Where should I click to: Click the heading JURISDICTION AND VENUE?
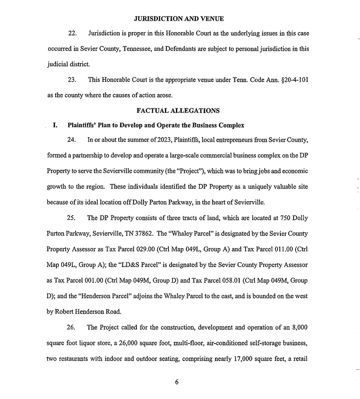(178, 19)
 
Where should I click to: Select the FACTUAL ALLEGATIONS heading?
(178, 110)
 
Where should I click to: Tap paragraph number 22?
(72, 34)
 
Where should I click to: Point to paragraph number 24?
(72, 140)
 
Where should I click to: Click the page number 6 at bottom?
(177, 382)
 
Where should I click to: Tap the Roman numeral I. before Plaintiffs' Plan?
(55, 126)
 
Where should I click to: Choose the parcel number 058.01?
(229, 281)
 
